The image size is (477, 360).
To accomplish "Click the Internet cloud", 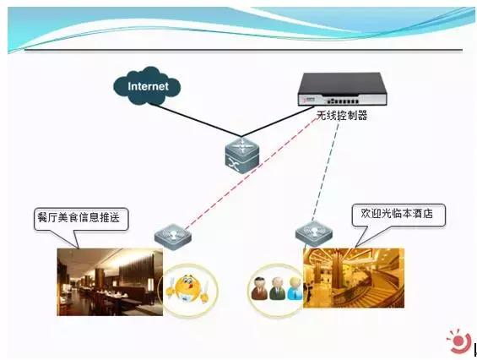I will pos(149,85).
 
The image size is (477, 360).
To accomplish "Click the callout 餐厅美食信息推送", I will pos(83,219).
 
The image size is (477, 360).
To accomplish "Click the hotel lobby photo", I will pos(355,277).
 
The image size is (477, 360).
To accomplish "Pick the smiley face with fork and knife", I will pos(188,287).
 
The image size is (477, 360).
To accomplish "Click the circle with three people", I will pos(275,289).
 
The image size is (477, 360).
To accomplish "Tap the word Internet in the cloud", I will pos(149,86).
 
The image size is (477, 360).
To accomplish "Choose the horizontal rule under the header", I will pos(245,51).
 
